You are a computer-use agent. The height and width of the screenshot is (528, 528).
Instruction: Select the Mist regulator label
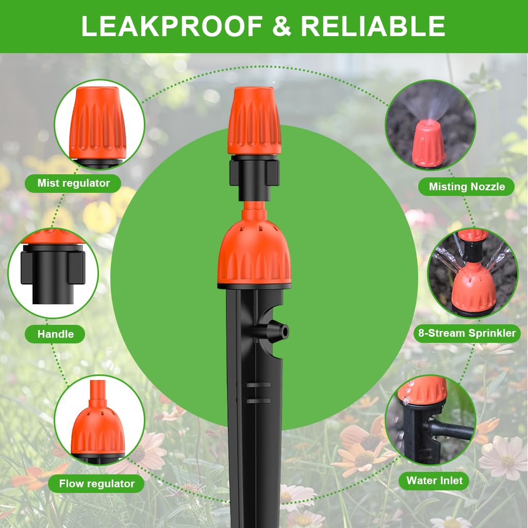point(74,183)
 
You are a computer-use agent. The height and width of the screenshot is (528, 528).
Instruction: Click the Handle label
point(55,334)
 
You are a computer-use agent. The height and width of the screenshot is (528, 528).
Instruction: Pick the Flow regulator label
point(96,484)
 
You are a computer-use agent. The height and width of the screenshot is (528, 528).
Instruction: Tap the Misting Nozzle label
point(467,187)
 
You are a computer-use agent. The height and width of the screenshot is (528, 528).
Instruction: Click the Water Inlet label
point(434,481)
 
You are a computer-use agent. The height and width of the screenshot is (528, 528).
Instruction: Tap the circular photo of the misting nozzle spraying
point(430,125)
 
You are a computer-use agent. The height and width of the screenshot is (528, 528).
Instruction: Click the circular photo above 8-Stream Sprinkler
point(472,273)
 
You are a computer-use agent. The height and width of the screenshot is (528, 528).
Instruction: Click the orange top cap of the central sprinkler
point(254,121)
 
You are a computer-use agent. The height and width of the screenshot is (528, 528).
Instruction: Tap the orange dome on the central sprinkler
point(254,253)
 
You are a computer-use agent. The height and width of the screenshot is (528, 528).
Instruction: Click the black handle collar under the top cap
point(254,178)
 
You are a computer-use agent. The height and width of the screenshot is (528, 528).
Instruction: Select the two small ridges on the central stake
point(258,392)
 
